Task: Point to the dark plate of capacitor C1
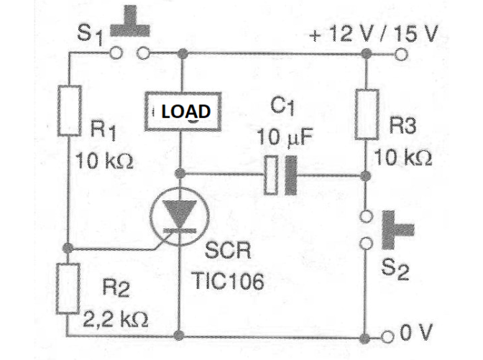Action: click(x=291, y=175)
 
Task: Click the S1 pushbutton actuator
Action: click(x=130, y=21)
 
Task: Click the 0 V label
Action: click(x=416, y=333)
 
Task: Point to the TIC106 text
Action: click(x=228, y=280)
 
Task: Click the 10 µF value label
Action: click(x=285, y=137)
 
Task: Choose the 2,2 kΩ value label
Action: click(x=116, y=320)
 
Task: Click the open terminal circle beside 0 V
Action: click(x=387, y=337)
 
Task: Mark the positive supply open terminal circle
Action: click(x=401, y=55)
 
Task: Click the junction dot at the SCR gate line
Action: click(x=68, y=248)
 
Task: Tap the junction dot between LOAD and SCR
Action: click(x=180, y=174)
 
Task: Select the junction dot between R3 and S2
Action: click(x=365, y=177)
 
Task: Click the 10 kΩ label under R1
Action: click(x=104, y=160)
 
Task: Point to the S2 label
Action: click(x=395, y=269)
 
